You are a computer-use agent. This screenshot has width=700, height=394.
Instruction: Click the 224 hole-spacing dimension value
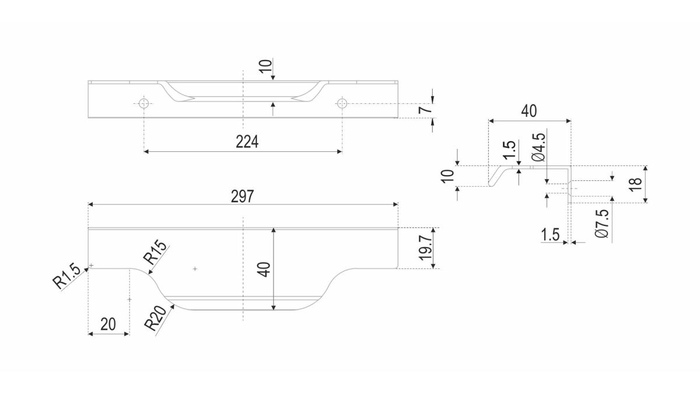click(247, 142)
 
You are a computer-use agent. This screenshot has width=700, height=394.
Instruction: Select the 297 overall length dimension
click(242, 197)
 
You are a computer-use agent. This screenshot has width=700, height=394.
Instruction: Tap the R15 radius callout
click(155, 252)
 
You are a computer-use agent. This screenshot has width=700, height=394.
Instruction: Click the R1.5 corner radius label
click(66, 278)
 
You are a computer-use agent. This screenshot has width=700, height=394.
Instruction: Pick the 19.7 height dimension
click(425, 248)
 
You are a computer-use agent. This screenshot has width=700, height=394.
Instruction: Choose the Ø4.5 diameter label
click(539, 147)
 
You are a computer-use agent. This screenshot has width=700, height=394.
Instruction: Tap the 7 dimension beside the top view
click(425, 110)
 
